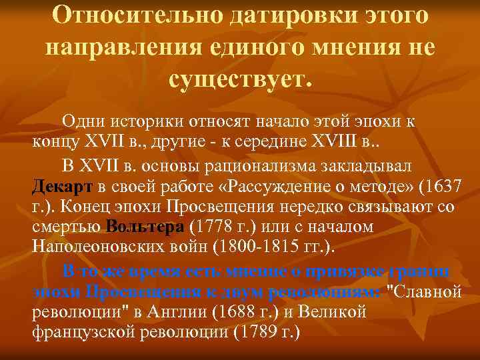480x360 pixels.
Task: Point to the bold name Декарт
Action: (63, 185)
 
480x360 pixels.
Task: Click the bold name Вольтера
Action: (144, 227)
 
